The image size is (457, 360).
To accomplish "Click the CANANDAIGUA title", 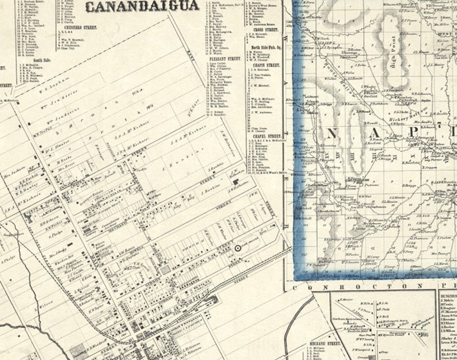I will pyautogui.click(x=142, y=6).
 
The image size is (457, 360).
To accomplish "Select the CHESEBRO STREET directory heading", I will pyautogui.click(x=73, y=27).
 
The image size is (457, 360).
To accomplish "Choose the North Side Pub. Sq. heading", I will pyautogui.click(x=264, y=46).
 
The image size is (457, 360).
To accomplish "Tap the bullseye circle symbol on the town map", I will pyautogui.click(x=237, y=248).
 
